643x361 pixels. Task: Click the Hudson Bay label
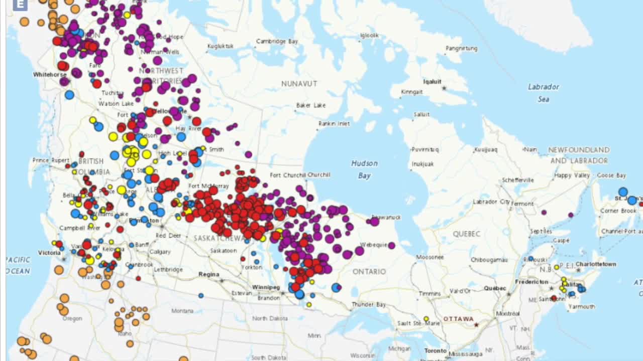pos(364,169)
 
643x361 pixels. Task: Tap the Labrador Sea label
pos(543,93)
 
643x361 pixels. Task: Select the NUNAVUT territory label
pos(299,84)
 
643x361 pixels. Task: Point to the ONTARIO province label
pos(369,271)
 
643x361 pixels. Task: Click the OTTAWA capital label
pos(458,319)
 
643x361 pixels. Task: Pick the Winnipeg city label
pos(266,287)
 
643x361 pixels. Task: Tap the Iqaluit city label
pos(432,82)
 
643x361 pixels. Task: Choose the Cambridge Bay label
pos(277,41)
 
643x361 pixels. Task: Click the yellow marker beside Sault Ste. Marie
pos(426,318)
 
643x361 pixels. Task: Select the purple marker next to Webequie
pos(391,245)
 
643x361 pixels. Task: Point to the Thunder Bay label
pos(369,304)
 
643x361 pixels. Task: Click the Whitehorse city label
pos(50,74)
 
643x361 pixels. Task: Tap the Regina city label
pos(208,274)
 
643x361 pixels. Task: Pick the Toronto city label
pos(435,350)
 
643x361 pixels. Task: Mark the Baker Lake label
pos(311,105)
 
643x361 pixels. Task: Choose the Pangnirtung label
pos(461,48)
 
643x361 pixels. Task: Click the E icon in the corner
pos(20,5)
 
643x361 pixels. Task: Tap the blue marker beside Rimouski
pos(530,259)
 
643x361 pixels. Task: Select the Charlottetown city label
pos(596,264)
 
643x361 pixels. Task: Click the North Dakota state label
pos(270,318)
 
